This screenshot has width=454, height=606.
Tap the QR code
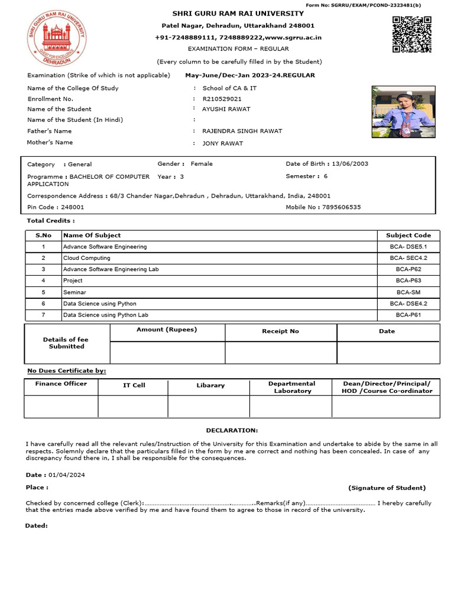pos(411,35)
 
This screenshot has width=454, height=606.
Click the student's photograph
pos(397,112)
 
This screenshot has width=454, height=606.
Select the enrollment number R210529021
pos(222,99)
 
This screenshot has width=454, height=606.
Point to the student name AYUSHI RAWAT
pos(226,109)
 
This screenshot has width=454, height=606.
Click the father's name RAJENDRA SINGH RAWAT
pos(242,131)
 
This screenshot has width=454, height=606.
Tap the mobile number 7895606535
pos(340,208)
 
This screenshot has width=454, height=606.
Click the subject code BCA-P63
pos(408,281)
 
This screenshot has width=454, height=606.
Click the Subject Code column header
pos(408,236)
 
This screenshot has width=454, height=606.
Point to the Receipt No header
pos(280,331)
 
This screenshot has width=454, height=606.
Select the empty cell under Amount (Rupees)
pos(167,353)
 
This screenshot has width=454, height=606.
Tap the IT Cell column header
pos(134,385)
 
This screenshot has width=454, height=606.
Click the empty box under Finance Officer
pos(61,407)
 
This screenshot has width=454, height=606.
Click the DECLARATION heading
pos(232,430)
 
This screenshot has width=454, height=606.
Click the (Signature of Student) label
pos(387,488)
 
